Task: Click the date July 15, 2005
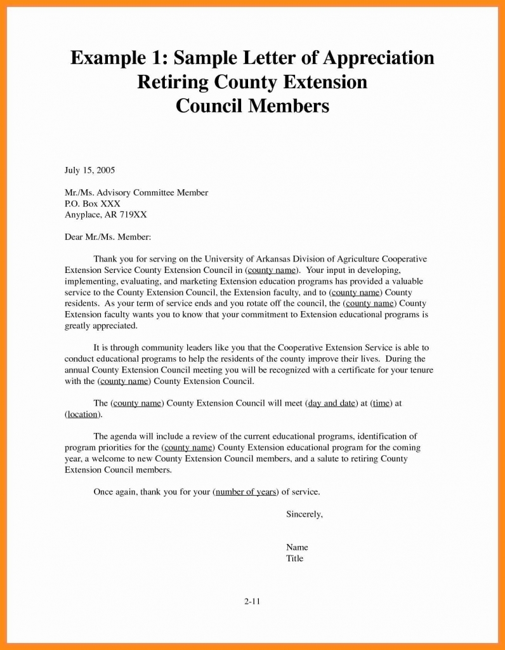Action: (89, 170)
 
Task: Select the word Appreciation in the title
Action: (379, 58)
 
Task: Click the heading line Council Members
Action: (252, 105)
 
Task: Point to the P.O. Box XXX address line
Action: (93, 204)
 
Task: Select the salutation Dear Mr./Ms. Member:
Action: (108, 237)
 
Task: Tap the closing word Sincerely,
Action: (305, 514)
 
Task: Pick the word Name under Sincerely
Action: (297, 547)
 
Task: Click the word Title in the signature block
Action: (295, 559)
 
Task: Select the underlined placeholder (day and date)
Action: (331, 403)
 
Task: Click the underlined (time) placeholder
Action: (381, 403)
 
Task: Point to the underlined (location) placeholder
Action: (82, 415)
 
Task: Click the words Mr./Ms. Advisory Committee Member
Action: (136, 192)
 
